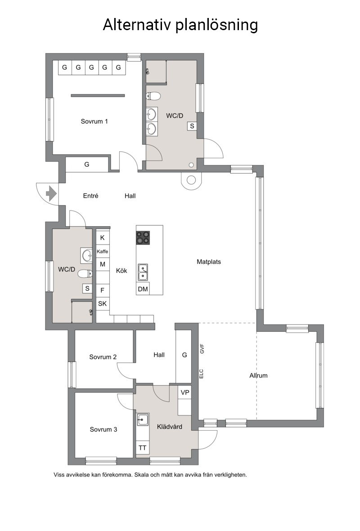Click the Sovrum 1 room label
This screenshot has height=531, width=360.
click(x=94, y=121)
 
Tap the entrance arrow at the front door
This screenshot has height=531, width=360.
click(x=51, y=194)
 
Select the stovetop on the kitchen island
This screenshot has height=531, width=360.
click(x=143, y=237)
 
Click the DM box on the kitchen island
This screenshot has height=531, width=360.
click(x=143, y=289)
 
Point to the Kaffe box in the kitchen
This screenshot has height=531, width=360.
click(x=102, y=251)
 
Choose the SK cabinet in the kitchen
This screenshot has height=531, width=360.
click(x=102, y=303)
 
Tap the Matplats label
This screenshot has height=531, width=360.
click(x=209, y=262)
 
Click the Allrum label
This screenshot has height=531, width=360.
click(x=258, y=375)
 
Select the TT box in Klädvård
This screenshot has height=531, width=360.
click(x=142, y=448)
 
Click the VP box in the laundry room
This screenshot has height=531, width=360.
click(x=185, y=393)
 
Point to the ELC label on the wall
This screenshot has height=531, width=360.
click(x=201, y=374)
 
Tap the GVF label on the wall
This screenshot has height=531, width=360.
click(x=202, y=349)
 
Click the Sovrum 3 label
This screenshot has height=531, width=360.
click(x=103, y=429)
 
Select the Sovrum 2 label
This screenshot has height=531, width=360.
click(x=103, y=357)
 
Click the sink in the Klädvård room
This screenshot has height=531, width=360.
click(x=143, y=419)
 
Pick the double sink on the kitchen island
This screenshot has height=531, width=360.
click(x=143, y=272)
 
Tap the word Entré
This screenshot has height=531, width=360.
click(x=90, y=196)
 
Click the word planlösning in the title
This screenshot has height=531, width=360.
click(x=216, y=25)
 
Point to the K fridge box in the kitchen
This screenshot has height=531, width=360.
click(x=102, y=238)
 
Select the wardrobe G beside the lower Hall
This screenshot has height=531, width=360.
click(x=184, y=355)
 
